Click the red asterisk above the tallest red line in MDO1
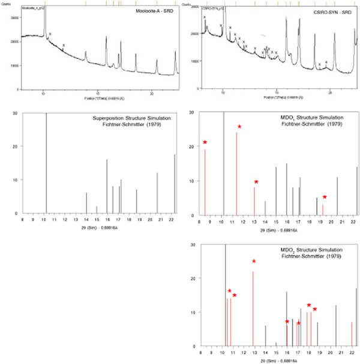click(239, 127)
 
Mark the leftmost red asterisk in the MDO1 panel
click(205, 142)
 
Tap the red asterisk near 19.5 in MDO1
click(325, 197)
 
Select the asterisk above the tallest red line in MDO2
click(254, 261)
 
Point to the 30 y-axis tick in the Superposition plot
click(14, 112)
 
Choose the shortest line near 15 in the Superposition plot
click(97, 210)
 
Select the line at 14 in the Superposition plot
click(86, 203)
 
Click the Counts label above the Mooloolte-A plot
click(8, 5)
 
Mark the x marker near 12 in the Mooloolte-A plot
click(64, 45)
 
